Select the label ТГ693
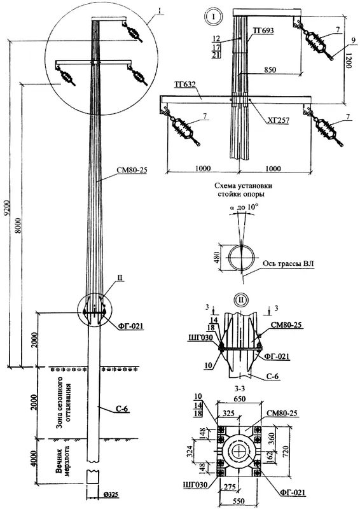(263, 31)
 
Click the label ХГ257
(278, 121)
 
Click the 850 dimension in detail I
(270, 69)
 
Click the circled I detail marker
(213, 16)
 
